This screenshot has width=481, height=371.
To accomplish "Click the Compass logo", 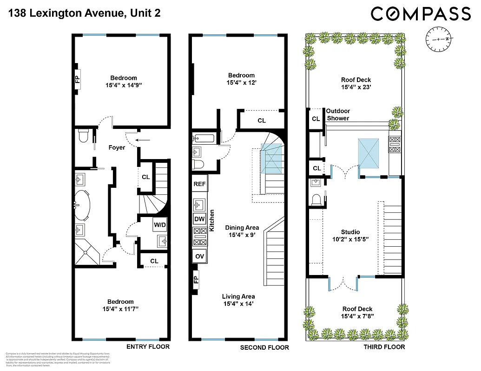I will tap(421, 13).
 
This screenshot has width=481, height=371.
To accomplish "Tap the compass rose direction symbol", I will tap(438, 39).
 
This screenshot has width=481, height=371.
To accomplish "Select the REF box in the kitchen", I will tap(199, 184).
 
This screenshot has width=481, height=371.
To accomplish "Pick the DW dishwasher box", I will tap(199, 219).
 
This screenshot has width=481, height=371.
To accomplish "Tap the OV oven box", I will tap(199, 256).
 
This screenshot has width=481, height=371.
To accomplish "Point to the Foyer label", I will tap(117, 147).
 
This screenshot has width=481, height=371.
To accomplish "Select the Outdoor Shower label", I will tap(338, 115).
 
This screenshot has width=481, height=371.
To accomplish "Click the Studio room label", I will tap(350, 232).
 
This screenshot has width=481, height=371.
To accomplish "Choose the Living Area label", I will tap(238, 297).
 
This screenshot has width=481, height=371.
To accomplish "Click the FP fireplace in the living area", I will tap(195, 280).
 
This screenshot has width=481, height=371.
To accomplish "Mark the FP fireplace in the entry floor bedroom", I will tap(77, 76).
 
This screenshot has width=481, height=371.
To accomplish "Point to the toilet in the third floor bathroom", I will tap(317, 200).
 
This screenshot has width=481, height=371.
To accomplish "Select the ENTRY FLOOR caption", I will tap(148, 346).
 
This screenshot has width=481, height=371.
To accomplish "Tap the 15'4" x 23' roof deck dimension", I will tap(356, 87).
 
